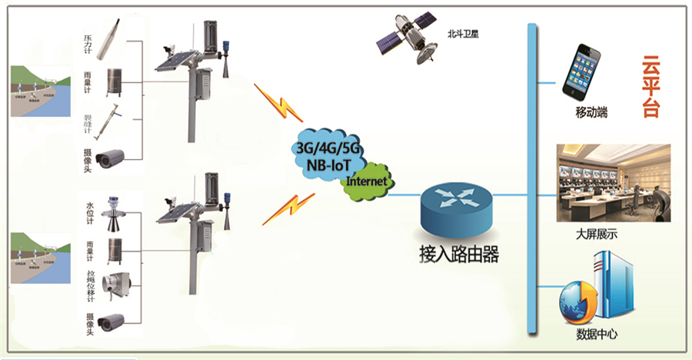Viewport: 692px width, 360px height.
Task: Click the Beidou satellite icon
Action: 406,38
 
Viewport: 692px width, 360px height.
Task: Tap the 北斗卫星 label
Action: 462,35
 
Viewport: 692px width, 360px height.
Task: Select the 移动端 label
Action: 591,113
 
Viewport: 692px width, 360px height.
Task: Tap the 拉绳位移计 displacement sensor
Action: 118,285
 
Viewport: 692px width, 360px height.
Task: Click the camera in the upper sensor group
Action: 110,157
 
